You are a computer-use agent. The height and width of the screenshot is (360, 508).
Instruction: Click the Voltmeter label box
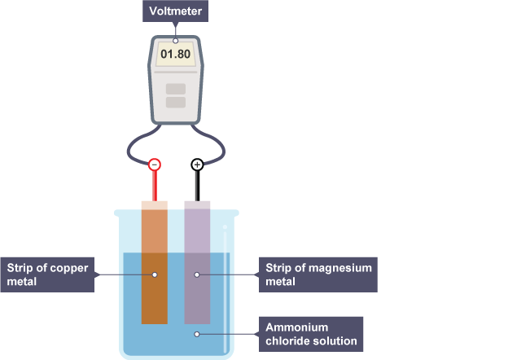tap(174, 12)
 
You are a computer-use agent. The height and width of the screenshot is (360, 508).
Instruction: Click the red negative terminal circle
tap(155, 165)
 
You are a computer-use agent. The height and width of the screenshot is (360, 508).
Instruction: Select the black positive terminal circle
tap(197, 165)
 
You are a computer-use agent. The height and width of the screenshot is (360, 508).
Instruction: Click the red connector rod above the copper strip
tap(155, 186)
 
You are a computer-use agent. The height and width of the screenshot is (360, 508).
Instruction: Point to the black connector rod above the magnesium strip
tap(197, 186)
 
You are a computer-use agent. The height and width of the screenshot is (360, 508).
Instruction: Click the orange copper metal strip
tap(155, 293)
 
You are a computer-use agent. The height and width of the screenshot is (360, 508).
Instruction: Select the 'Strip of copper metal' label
tap(48, 274)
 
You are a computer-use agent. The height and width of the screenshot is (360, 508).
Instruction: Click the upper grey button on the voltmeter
tap(175, 88)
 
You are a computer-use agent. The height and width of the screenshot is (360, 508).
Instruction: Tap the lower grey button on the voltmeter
tap(175, 103)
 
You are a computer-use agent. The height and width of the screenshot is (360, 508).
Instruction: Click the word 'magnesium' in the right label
tap(341, 267)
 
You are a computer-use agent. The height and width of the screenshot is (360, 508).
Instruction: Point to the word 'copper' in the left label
tap(67, 267)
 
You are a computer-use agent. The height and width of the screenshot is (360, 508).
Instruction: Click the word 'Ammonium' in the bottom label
tap(294, 326)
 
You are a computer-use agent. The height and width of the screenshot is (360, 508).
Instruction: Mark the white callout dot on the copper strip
tap(155, 274)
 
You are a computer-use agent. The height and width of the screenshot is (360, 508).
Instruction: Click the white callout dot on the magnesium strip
tap(197, 274)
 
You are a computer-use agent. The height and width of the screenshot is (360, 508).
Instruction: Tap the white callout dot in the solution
tap(197, 333)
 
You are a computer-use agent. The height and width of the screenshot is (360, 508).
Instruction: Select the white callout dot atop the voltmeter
tap(175, 40)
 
